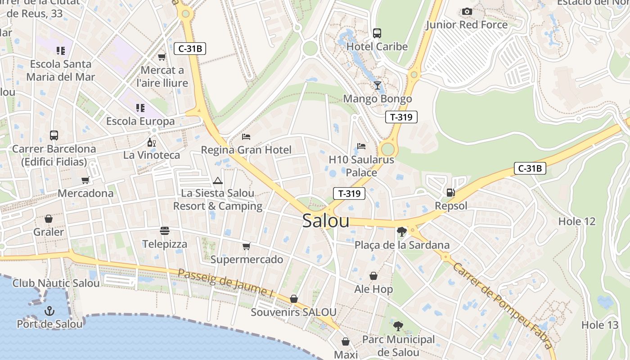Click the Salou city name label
(326, 220)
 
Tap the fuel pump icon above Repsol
(450, 193)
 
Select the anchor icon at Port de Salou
(49, 310)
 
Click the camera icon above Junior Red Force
(467, 11)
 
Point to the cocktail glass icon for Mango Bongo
(378, 85)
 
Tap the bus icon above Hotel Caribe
(377, 33)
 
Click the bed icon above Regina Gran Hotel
(246, 136)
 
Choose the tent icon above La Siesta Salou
(218, 180)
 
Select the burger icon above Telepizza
(165, 231)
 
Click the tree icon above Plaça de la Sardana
(402, 232)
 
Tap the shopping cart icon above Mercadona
(85, 180)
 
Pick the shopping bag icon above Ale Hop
(373, 276)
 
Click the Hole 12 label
(576, 221)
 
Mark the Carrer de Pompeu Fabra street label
(503, 306)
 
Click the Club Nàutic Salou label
(56, 283)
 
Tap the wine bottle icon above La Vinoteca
(152, 142)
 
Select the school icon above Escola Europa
(140, 108)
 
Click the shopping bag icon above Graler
(49, 219)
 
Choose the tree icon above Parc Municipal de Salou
(398, 326)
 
